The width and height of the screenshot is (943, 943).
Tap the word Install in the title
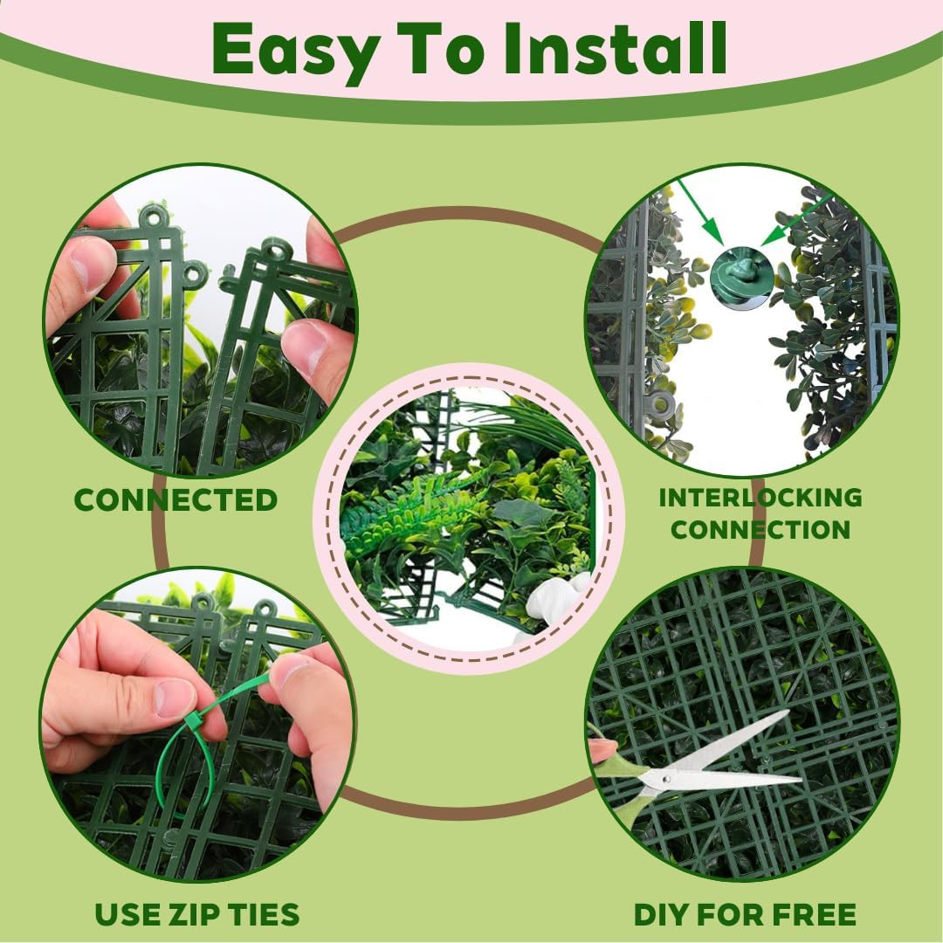616,48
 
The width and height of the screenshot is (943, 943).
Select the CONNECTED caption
176,500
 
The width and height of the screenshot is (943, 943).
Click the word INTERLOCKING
761,498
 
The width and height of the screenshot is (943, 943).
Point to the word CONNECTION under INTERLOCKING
761,530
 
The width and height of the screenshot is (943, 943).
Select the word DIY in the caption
662,915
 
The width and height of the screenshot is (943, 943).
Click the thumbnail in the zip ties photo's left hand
174,698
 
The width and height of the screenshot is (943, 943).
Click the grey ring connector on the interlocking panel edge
660,406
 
